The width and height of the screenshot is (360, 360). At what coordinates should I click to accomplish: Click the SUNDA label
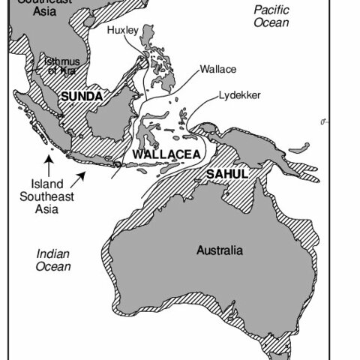[82, 97]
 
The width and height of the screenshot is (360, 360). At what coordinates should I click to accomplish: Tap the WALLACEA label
[166, 154]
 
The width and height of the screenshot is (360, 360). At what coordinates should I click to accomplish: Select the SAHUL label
[226, 174]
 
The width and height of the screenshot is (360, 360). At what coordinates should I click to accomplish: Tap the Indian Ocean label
[53, 260]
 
